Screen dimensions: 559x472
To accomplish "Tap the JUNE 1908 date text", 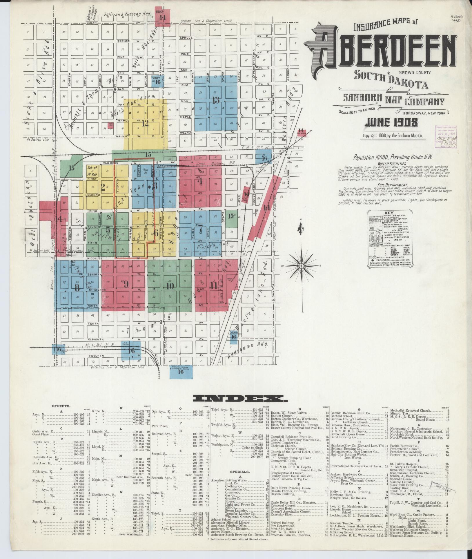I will (x=391, y=123).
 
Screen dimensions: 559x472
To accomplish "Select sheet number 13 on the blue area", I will (x=216, y=100).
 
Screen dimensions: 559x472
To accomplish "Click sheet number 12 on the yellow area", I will (x=145, y=123).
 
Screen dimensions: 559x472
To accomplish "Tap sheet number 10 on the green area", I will (x=170, y=286).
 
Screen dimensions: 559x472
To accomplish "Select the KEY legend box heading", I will (x=389, y=213).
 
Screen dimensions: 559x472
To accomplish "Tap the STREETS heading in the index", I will (x=61, y=406).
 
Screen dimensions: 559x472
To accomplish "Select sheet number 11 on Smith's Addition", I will (x=214, y=285).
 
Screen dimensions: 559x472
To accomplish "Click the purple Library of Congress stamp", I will (x=446, y=137).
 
